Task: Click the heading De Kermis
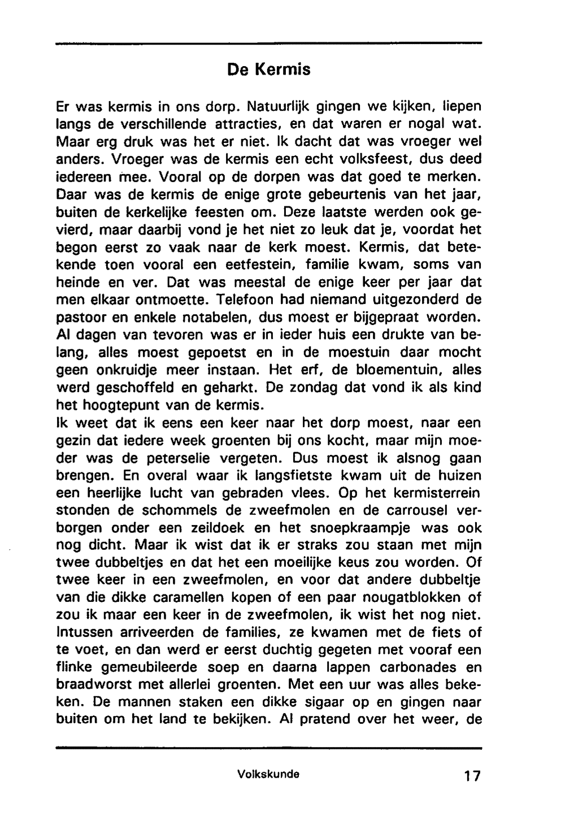(x=269, y=70)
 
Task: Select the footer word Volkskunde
(x=269, y=774)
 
